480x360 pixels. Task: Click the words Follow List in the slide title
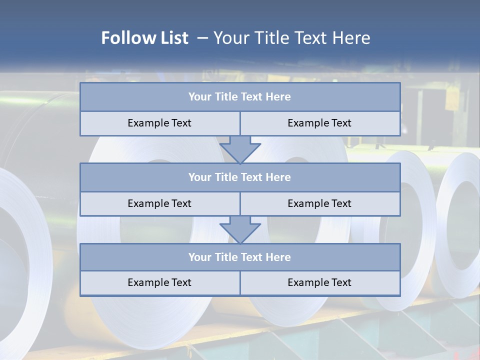(x=145, y=38)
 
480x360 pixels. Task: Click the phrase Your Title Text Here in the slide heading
(x=292, y=38)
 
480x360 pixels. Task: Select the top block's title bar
(x=240, y=97)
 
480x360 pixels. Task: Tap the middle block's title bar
(x=240, y=177)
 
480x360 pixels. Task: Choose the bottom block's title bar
(x=240, y=257)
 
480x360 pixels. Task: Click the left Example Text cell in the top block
(x=160, y=123)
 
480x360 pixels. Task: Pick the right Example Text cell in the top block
(x=320, y=123)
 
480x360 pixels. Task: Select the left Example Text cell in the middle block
(x=160, y=203)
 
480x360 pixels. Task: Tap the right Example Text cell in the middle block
(x=320, y=203)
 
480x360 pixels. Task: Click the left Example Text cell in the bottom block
(x=160, y=282)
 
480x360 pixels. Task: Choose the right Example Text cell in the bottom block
(x=320, y=282)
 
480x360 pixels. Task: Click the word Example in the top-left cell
(x=145, y=123)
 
